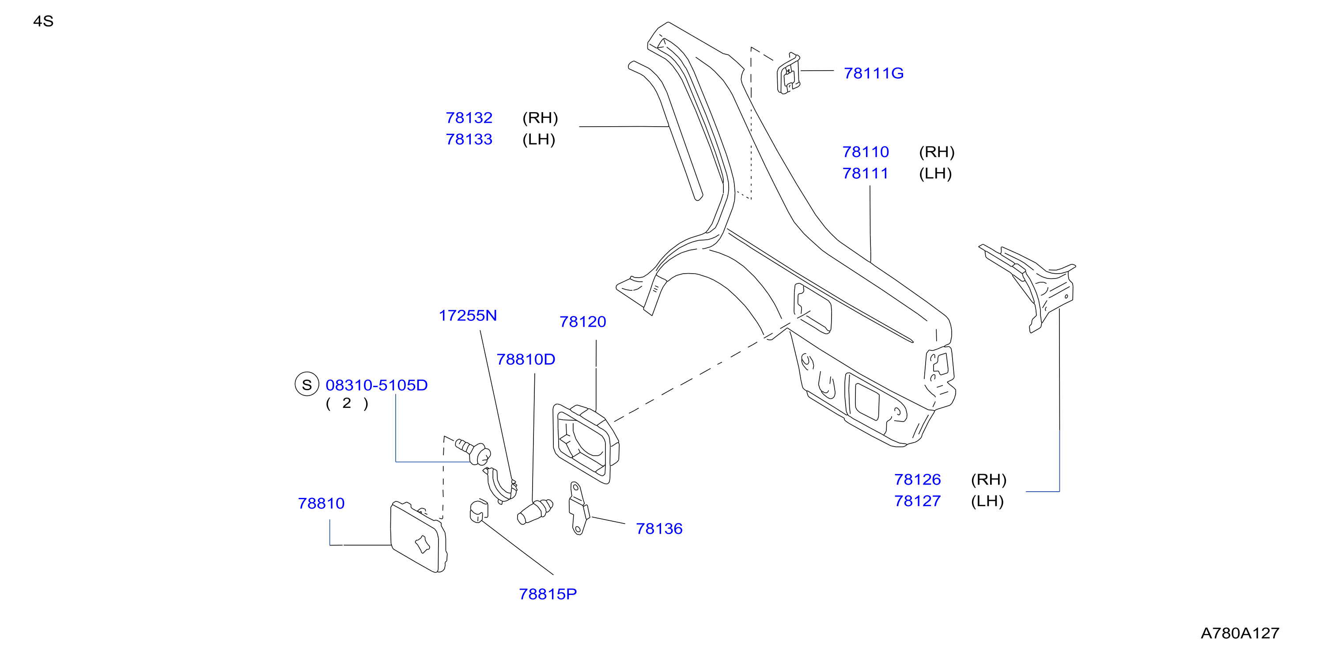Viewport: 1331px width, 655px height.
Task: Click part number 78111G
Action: click(x=874, y=73)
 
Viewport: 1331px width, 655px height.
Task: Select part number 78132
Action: click(x=469, y=118)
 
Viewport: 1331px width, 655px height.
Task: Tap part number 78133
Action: click(x=469, y=139)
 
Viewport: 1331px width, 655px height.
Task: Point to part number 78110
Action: click(x=866, y=152)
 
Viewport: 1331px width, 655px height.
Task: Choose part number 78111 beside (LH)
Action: click(x=866, y=173)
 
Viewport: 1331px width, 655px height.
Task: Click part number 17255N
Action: click(x=468, y=316)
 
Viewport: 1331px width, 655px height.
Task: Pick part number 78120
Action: click(x=583, y=322)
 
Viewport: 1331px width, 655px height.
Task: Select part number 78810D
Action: click(x=526, y=360)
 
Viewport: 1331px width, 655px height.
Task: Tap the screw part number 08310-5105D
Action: click(x=377, y=385)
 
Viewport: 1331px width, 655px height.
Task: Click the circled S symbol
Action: click(x=307, y=384)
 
